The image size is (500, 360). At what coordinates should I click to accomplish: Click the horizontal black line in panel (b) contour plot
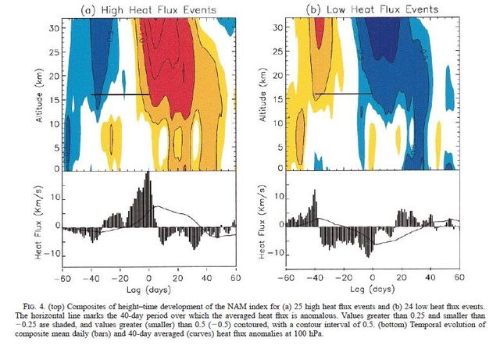(x=343, y=94)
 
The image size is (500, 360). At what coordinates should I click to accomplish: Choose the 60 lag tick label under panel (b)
(x=459, y=277)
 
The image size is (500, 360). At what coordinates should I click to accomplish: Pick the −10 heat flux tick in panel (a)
(x=52, y=253)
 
